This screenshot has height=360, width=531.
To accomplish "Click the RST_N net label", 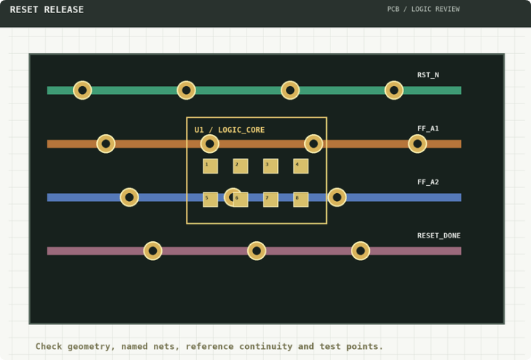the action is [428, 75].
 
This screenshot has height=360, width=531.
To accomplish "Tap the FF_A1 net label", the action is [428, 128].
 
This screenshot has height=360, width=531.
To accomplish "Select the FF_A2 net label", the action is [428, 182].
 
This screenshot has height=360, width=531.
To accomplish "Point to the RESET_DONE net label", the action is [439, 235].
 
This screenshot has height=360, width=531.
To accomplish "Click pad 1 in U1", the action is [210, 166].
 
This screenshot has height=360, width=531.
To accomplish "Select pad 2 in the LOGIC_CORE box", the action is [241, 166].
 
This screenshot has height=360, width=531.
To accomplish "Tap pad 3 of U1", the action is [271, 166].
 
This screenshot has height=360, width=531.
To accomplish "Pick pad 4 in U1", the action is [301, 166].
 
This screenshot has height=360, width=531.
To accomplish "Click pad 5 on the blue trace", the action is [210, 200].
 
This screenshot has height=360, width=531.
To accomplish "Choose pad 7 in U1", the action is [271, 200].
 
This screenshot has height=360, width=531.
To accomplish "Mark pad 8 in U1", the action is [301, 200].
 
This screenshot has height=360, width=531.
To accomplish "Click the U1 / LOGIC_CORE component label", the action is [230, 130].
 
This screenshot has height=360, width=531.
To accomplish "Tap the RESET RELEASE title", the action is [47, 9].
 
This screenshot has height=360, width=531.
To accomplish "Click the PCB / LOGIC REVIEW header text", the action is [423, 9].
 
